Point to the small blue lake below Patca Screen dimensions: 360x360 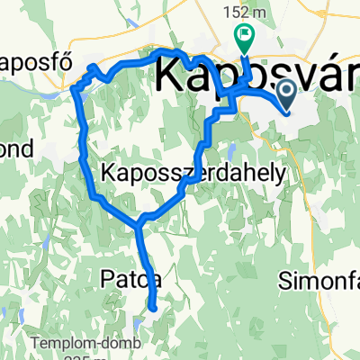139,319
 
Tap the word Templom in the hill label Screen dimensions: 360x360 53,343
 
